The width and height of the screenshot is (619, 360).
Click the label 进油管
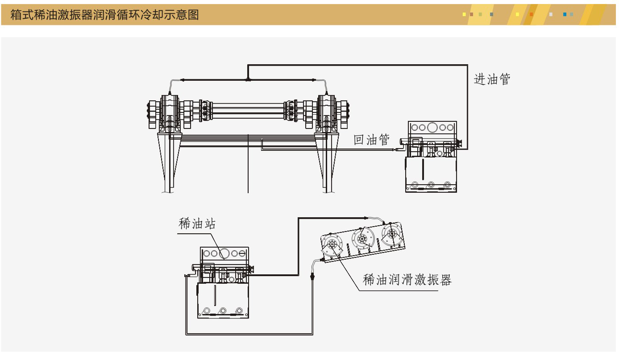(492, 79)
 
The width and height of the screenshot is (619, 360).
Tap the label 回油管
(371, 140)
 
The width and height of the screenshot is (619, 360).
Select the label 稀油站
(197, 223)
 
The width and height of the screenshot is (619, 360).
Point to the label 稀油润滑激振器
(407, 280)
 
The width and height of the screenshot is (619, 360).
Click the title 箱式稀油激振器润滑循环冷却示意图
(104, 15)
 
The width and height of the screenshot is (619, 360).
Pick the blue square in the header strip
(565, 14)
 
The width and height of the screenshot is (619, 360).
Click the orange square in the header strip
(531, 14)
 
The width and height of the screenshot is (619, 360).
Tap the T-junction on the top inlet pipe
(248, 80)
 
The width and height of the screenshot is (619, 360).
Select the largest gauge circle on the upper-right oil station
(432, 128)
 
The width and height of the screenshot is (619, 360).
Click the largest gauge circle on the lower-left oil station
(224, 254)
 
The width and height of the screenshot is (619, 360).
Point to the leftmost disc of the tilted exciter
(332, 244)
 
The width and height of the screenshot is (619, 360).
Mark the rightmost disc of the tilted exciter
(391, 233)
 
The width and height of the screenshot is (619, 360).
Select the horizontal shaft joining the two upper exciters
(248, 109)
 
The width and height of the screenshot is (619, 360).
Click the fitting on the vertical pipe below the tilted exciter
(312, 277)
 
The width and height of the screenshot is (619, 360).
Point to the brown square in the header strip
(471, 14)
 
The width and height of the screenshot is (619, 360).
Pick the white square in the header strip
(551, 14)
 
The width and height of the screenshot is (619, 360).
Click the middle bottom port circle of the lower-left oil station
(223, 310)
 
